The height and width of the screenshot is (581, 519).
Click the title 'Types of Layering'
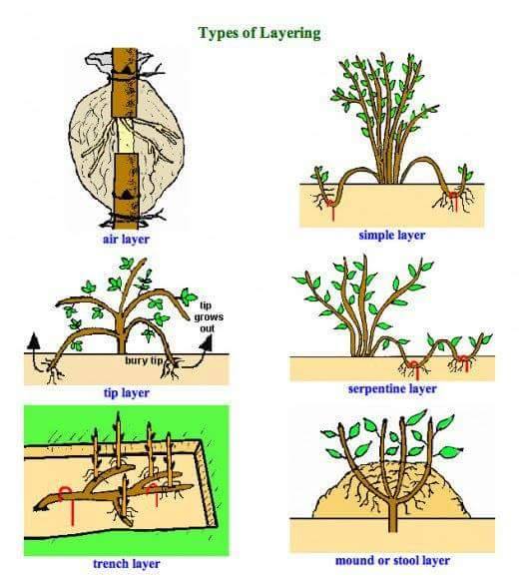(259, 33)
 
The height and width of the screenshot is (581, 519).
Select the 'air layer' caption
(127, 240)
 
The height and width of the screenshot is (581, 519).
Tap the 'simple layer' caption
(392, 235)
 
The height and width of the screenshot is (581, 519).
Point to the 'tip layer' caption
(127, 392)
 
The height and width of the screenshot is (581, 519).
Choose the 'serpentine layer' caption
(392, 388)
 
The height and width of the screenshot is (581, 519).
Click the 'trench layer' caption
(127, 564)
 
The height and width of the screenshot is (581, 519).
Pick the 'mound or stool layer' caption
(392, 560)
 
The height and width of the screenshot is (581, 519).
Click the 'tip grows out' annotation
(209, 316)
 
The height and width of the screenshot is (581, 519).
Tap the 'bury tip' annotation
(144, 360)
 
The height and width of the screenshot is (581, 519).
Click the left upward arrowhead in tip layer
(34, 340)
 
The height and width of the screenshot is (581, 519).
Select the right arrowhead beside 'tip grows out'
(207, 342)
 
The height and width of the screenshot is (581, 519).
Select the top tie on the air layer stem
(124, 76)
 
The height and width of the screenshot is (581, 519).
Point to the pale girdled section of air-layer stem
(125, 137)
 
